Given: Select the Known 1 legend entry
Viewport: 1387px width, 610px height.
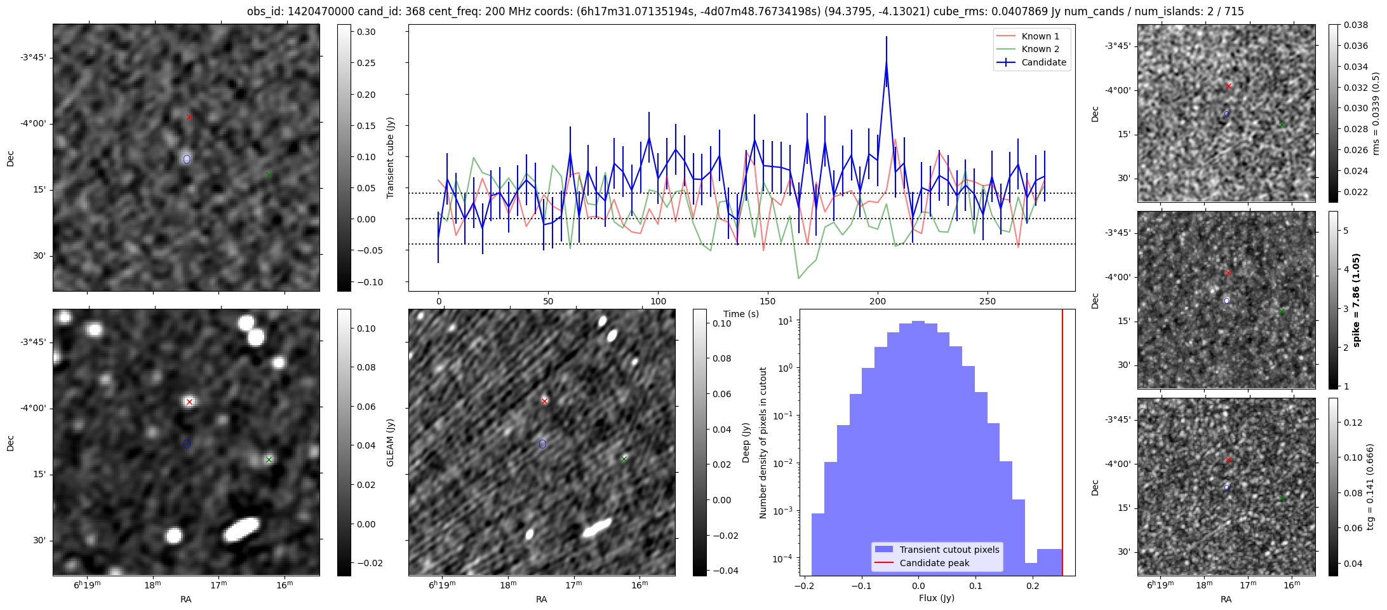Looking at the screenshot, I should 1040,36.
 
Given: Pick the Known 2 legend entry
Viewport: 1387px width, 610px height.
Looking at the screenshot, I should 1040,49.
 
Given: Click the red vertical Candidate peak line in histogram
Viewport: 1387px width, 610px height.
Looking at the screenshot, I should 1062,445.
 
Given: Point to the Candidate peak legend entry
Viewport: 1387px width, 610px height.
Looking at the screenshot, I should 934,563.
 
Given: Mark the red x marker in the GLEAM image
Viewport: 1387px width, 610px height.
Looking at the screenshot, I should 189,402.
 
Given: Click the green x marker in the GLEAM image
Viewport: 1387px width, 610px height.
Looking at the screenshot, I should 269,459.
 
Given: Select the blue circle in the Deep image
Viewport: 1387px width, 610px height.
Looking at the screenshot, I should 542,444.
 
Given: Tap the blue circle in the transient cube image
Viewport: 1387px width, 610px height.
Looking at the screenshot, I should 187,159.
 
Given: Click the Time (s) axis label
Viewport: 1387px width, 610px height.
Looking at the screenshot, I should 741,314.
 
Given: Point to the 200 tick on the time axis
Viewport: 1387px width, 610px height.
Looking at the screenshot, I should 878,301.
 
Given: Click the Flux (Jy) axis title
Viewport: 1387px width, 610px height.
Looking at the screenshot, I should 936,598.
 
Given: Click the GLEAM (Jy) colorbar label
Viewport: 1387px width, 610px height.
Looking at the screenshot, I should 390,442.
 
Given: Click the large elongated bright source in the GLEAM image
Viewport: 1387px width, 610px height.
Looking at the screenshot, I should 241,529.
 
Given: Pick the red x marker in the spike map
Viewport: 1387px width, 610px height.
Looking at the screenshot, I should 1228,273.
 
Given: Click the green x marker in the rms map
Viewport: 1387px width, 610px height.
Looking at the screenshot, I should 1282,125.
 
